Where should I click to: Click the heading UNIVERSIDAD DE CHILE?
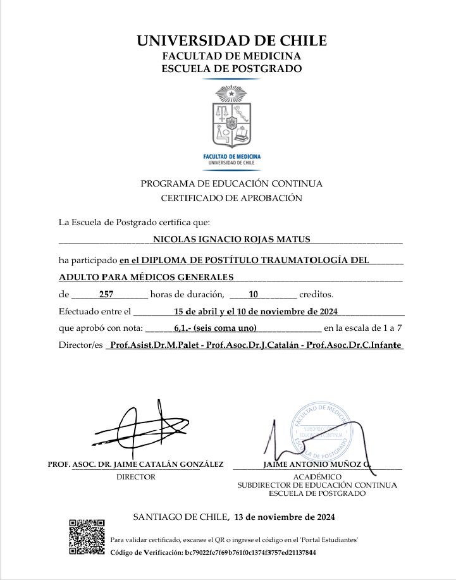click(x=231, y=41)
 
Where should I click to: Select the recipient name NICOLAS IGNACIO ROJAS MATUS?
click(x=232, y=239)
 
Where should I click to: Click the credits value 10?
click(x=254, y=294)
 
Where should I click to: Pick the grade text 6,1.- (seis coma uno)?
click(x=214, y=328)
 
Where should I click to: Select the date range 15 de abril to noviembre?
click(x=256, y=311)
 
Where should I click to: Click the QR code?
click(x=87, y=537)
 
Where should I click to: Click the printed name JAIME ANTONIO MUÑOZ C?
click(x=317, y=464)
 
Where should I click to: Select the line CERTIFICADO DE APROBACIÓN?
click(x=231, y=198)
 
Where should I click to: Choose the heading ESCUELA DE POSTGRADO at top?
click(x=231, y=68)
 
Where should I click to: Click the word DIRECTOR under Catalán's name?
click(x=136, y=477)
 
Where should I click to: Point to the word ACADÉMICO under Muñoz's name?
click(x=317, y=476)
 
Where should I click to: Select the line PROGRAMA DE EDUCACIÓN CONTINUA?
click(x=231, y=183)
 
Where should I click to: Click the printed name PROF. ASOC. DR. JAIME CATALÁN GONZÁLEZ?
click(x=136, y=464)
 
